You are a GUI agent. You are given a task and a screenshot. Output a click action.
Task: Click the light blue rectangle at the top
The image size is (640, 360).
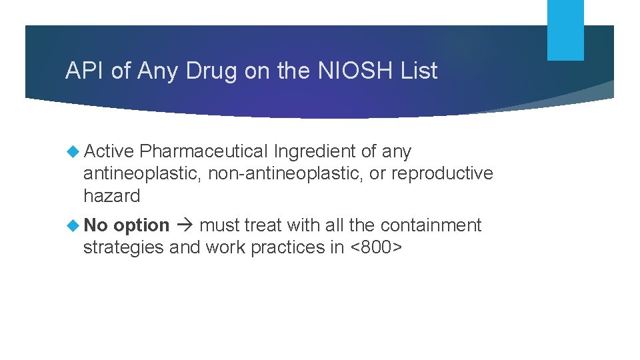pyautogui.click(x=565, y=30)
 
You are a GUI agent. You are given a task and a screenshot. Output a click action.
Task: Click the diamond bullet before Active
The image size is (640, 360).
pyautogui.click(x=73, y=151)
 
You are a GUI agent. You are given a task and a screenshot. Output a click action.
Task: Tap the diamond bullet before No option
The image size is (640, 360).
pyautogui.click(x=73, y=225)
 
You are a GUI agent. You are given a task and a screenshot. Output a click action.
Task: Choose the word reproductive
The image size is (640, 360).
pyautogui.click(x=442, y=174)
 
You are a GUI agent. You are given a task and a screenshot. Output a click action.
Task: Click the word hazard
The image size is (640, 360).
pyautogui.click(x=111, y=196)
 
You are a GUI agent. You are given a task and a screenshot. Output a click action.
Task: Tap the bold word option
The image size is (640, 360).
pyautogui.click(x=141, y=226)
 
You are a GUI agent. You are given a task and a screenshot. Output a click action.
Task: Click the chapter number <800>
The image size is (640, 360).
pyautogui.click(x=377, y=247)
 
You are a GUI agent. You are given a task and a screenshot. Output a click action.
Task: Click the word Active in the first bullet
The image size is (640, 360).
pyautogui.click(x=109, y=151)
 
